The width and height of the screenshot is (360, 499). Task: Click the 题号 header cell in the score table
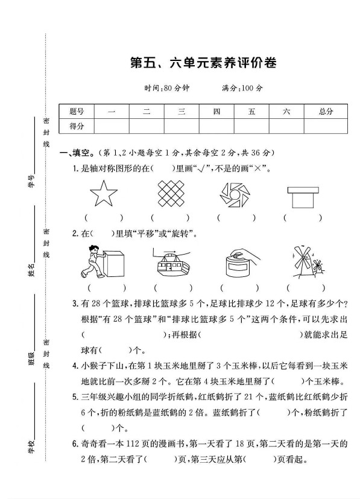tap(77, 111)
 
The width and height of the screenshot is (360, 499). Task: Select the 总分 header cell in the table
tap(326, 111)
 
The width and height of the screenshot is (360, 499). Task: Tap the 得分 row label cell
tap(77, 126)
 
